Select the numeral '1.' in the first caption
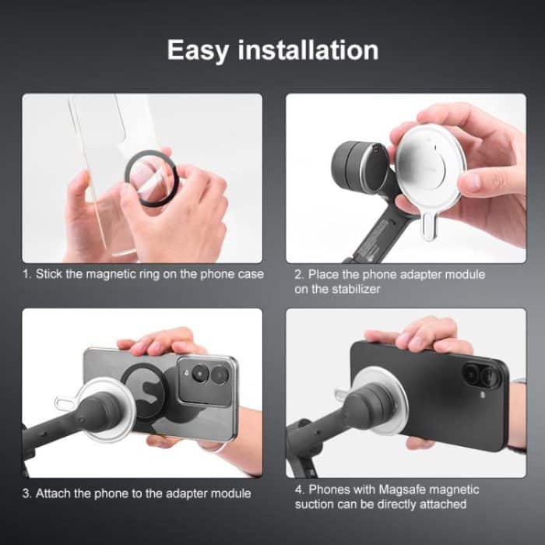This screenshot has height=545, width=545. click(x=26, y=275)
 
